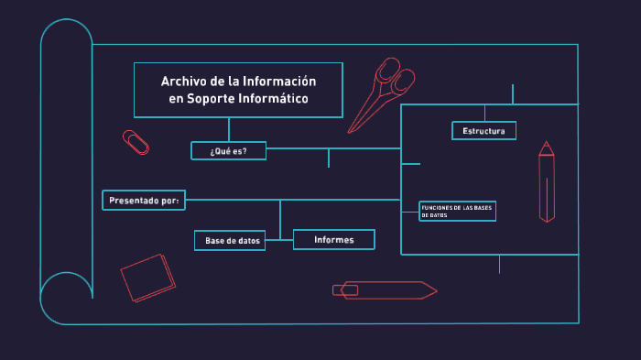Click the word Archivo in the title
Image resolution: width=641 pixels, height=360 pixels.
pyautogui.click(x=183, y=82)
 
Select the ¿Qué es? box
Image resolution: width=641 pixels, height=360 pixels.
pyautogui.click(x=228, y=151)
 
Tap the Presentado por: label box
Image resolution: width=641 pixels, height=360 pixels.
pyautogui.click(x=144, y=200)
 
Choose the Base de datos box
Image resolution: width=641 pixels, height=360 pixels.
pyautogui.click(x=230, y=241)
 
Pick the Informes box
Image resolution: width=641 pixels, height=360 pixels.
pyautogui.click(x=334, y=240)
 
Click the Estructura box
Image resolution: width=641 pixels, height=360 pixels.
pyautogui.click(x=483, y=131)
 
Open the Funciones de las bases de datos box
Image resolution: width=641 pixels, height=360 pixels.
pyautogui.click(x=457, y=211)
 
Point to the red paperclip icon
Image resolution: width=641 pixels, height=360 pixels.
pyautogui.click(x=136, y=142)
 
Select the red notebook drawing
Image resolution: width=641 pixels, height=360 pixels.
pyautogui.click(x=147, y=277)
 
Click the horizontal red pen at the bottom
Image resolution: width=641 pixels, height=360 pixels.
pyautogui.click(x=385, y=290)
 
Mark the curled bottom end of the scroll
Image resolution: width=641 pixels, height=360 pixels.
pyautogui.click(x=64, y=298)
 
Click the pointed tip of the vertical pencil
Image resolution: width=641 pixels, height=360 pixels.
pyautogui.click(x=547, y=145)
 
